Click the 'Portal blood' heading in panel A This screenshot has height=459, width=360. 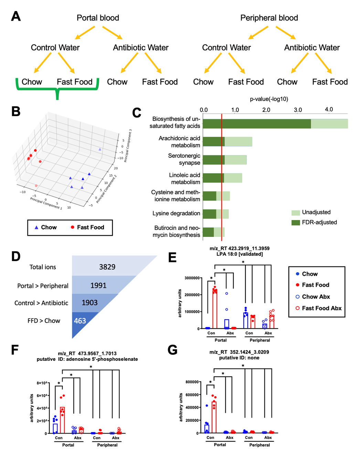tap(98, 18)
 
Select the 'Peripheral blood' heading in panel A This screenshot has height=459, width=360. tap(269, 18)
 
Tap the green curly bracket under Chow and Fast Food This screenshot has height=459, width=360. tap(57, 90)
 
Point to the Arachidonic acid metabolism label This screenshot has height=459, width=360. tap(179, 142)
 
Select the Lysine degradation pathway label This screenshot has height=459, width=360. tap(176, 213)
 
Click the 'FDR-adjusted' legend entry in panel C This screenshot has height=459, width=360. tap(319, 222)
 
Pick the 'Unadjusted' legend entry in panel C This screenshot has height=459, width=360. tap(316, 212)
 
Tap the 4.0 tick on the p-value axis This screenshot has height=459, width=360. tap(329, 109)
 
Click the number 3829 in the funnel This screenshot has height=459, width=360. tap(107, 267)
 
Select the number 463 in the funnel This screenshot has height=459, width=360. tap(80, 321)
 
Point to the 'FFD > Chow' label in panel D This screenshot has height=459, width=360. tap(44, 321)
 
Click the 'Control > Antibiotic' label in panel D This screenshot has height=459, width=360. tap(41, 303)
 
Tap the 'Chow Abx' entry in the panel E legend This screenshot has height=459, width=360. tap(316, 297)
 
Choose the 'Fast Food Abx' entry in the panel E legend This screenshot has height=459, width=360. tap(321, 308)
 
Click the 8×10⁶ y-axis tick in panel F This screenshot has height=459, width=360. tap(42, 383)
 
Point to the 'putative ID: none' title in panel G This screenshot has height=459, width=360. tap(239, 358)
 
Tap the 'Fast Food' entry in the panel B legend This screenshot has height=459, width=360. tap(90, 227)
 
